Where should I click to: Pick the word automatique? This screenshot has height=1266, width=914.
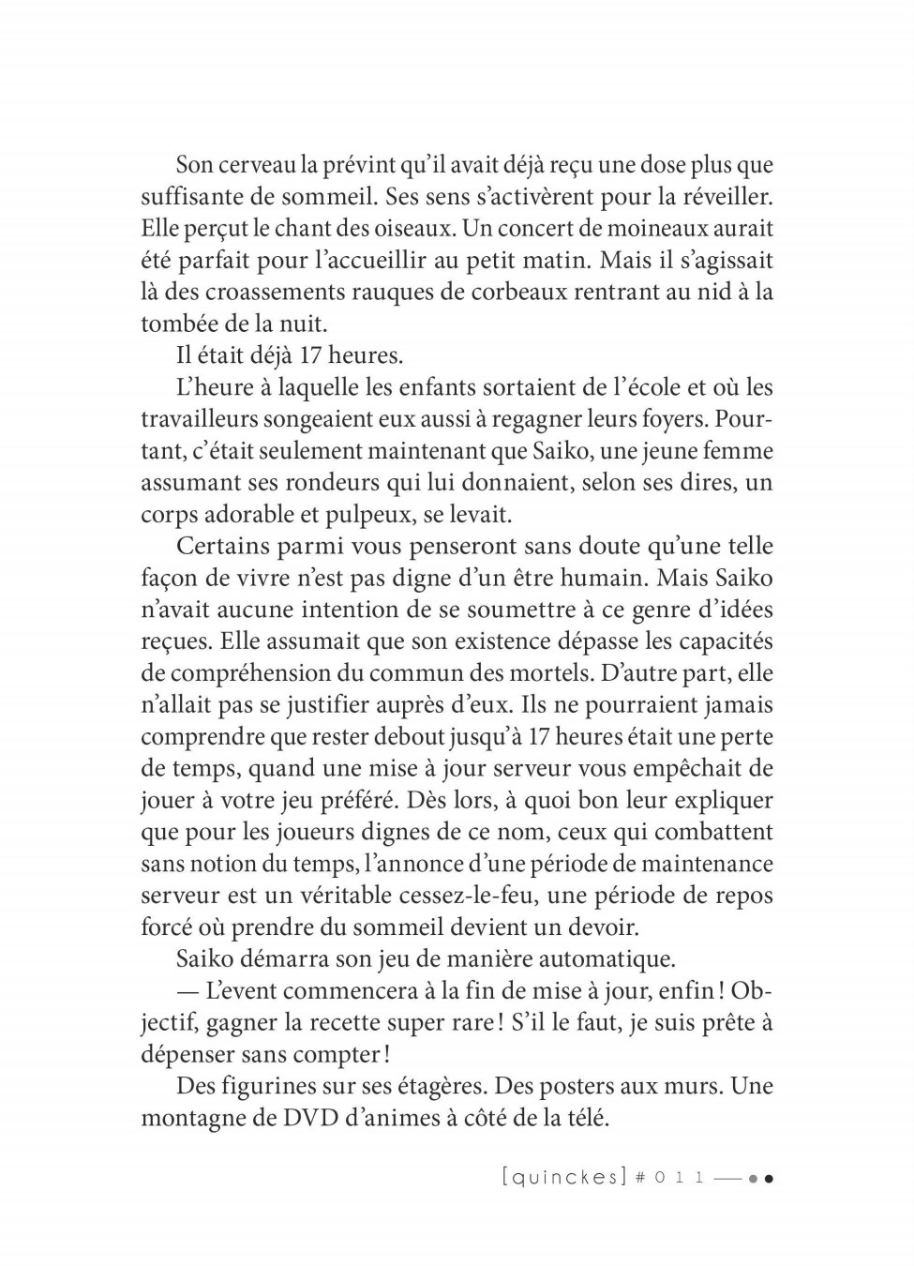[x=592, y=959]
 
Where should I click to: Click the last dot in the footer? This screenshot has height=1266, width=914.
[x=768, y=1179]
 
